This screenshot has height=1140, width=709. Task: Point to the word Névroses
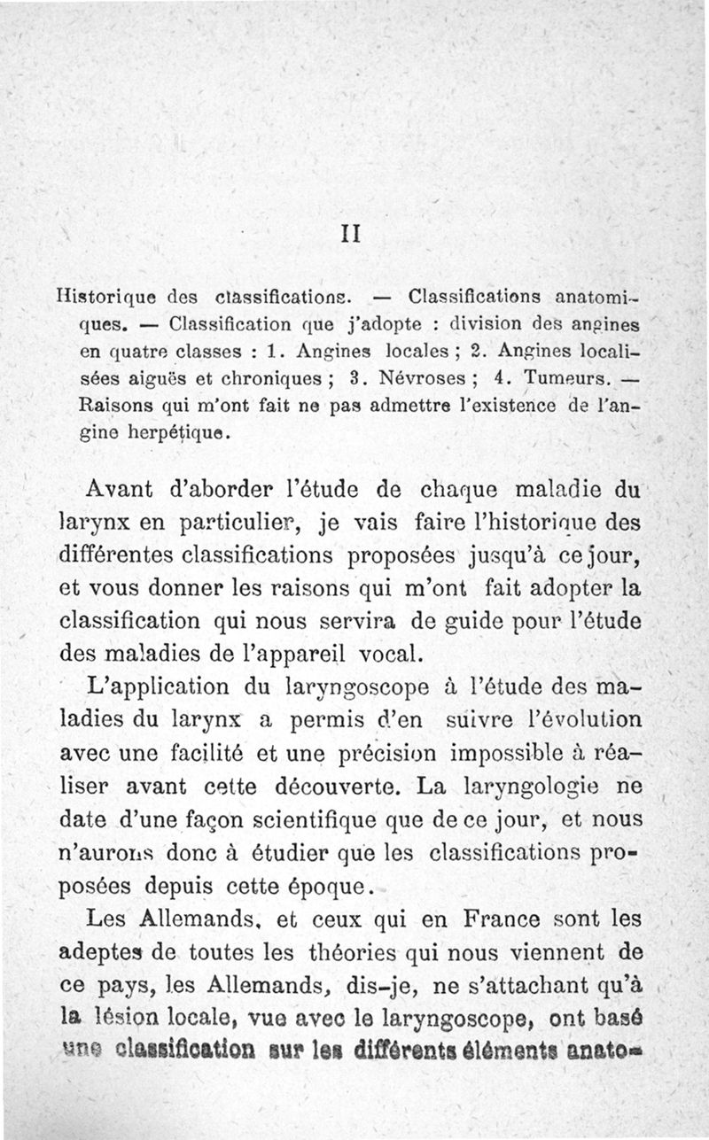pyautogui.click(x=416, y=379)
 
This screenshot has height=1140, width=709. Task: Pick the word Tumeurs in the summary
pyautogui.click(x=557, y=379)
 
